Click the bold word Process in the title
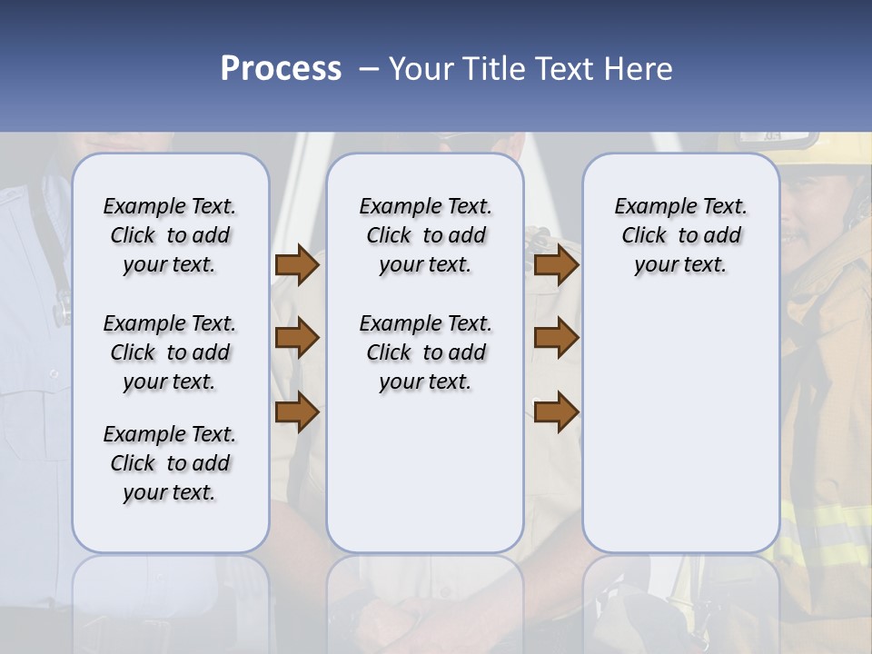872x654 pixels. coord(281,69)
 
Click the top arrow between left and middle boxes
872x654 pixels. coord(296,265)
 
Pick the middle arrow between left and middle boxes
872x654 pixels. coord(296,338)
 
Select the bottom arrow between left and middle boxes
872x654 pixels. coord(296,412)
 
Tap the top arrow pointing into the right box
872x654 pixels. coord(556,265)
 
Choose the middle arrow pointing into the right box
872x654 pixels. coord(556,338)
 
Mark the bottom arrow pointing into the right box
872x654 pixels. coord(556,412)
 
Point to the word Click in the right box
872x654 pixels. coord(644,236)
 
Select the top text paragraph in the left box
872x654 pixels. coord(170,235)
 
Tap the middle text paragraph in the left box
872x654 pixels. coord(170,352)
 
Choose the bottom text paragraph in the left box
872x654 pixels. coord(170,463)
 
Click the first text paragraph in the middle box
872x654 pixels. coord(425,235)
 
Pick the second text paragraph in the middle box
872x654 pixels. coord(425,352)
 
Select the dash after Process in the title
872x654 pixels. coord(369,69)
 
